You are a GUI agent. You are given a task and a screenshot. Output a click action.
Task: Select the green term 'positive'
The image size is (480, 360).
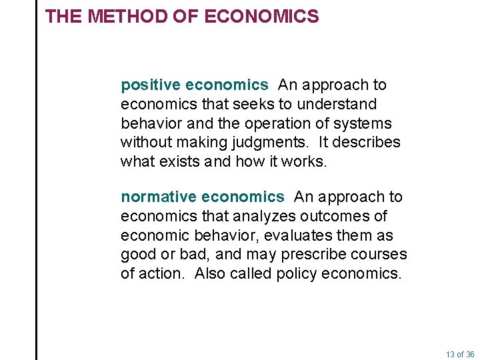(x=151, y=85)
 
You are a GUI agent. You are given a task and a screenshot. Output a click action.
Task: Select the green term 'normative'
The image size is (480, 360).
(x=159, y=197)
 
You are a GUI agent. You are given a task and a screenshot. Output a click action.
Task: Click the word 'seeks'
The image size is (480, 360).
(x=256, y=105)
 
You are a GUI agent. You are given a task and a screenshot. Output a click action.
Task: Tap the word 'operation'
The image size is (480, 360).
(x=279, y=124)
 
